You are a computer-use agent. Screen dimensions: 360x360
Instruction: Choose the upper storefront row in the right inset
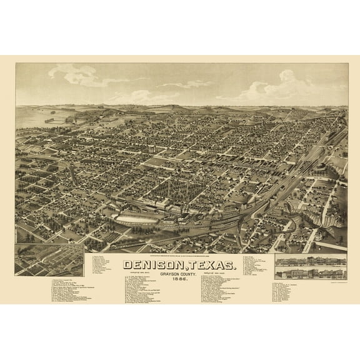point(310,262)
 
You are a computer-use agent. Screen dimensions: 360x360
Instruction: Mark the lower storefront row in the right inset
point(310,273)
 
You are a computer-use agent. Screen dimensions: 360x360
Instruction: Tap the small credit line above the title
point(181,252)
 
